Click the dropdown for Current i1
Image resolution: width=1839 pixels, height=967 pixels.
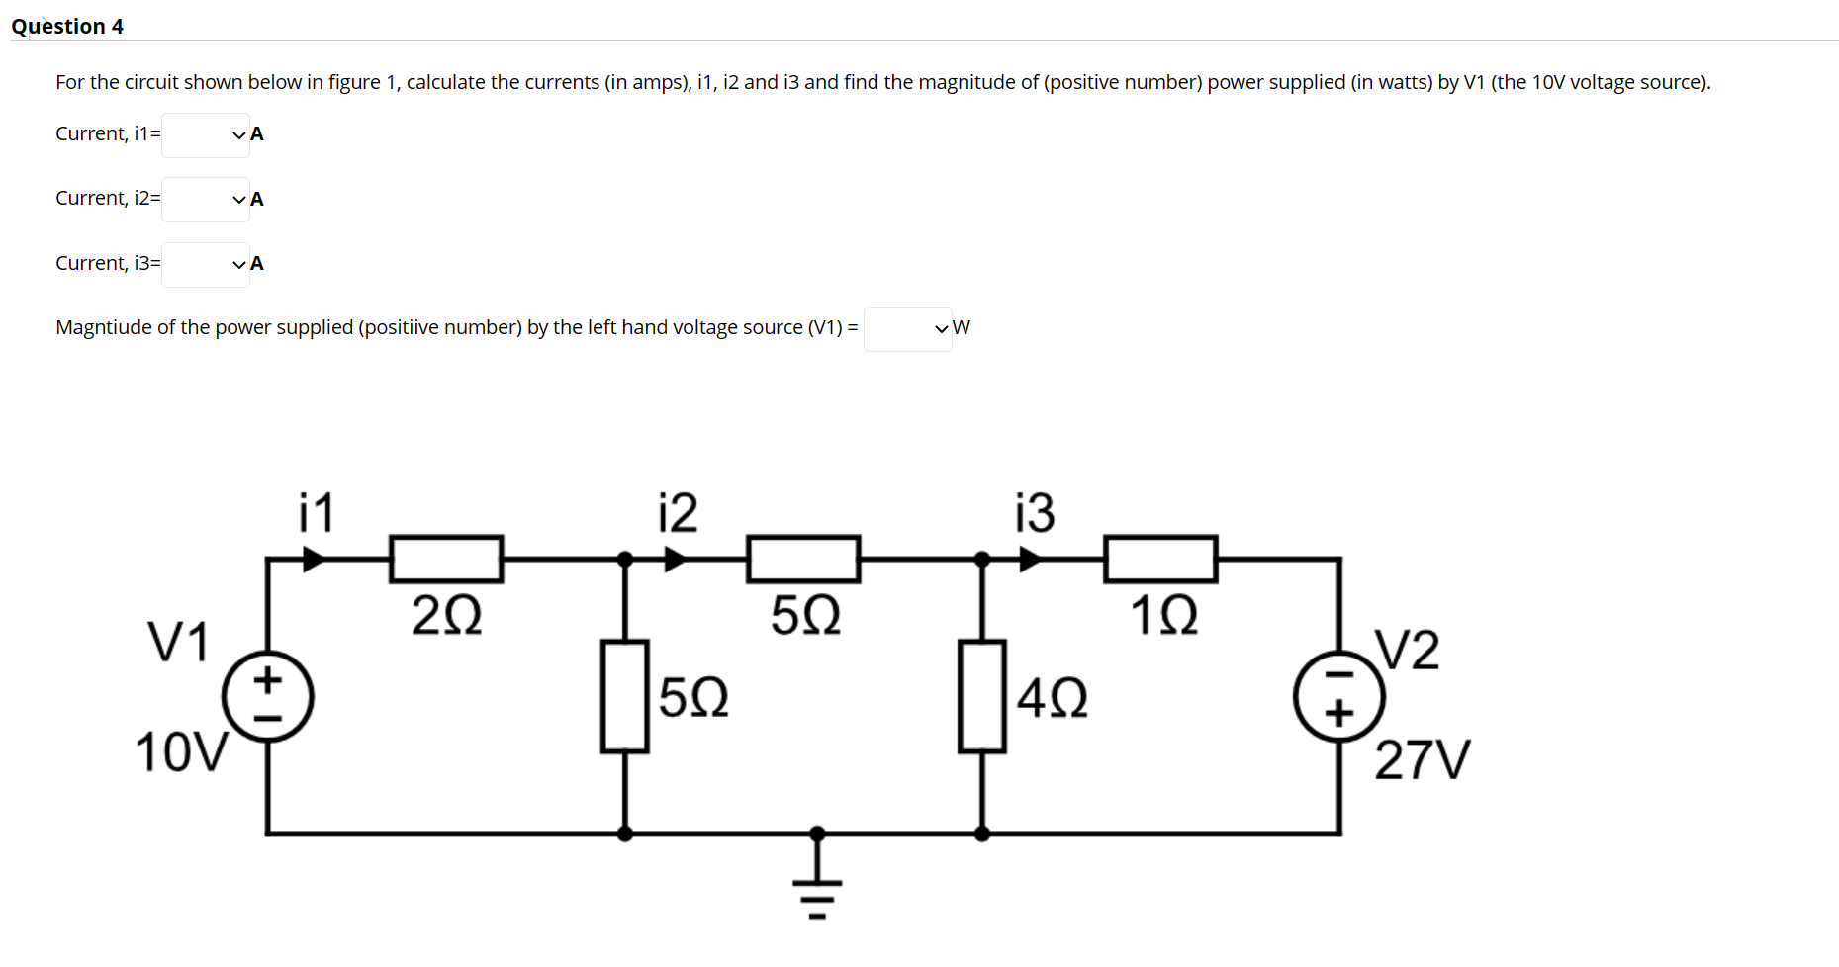pos(206,134)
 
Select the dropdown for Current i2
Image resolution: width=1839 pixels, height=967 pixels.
pos(206,199)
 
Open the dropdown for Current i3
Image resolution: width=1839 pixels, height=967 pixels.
pos(206,264)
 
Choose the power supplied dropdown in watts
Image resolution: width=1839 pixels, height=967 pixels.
pos(907,328)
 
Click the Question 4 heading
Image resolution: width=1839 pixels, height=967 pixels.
pos(67,27)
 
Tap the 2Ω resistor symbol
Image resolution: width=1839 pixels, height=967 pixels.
pos(446,559)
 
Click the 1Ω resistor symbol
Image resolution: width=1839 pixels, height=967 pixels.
pos(1160,559)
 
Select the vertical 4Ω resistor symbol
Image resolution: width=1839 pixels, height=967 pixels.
pos(981,696)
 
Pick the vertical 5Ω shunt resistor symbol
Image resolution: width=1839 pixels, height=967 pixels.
pos(624,696)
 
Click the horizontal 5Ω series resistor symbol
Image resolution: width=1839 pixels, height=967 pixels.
pos(803,559)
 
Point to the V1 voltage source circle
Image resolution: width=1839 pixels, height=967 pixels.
pos(267,696)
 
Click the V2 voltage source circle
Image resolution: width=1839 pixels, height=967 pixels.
pos(1339,696)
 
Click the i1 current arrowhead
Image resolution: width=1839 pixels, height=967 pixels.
pos(313,560)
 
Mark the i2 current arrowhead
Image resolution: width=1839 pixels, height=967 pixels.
pos(675,560)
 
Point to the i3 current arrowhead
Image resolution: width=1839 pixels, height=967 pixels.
pos(1030,560)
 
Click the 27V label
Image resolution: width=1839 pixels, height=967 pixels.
pos(1422,760)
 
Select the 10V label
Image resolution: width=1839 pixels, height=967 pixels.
pos(181,752)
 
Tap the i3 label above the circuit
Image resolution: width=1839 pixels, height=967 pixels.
pos(1034,512)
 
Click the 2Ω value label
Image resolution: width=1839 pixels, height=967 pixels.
pos(446,615)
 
